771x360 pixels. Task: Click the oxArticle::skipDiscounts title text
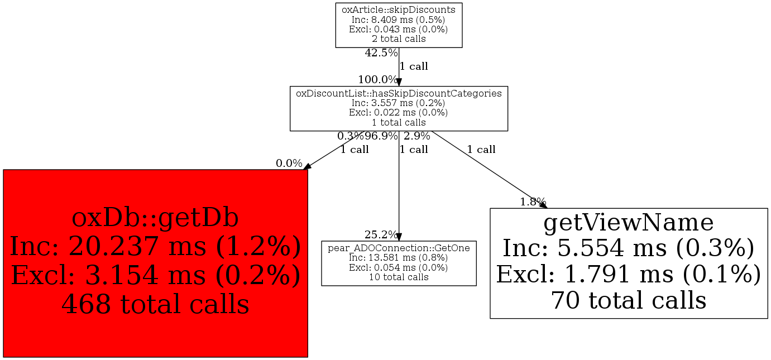tap(399, 9)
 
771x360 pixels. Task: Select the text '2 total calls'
tap(399, 39)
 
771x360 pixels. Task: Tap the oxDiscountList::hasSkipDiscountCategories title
tap(399, 93)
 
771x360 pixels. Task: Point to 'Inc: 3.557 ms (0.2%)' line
tap(398, 103)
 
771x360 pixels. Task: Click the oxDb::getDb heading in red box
tap(155, 218)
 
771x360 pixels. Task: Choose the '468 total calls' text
tap(155, 304)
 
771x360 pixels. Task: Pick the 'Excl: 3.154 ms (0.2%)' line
tap(156, 275)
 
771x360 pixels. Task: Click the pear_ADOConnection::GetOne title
tap(399, 248)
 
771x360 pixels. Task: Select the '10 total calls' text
tap(399, 277)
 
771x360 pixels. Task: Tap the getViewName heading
tap(629, 222)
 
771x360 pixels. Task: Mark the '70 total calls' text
tap(629, 300)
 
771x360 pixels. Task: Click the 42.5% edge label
tap(381, 52)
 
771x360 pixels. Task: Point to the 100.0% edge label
tap(377, 79)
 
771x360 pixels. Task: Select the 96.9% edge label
tap(381, 136)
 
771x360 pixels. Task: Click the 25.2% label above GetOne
tap(381, 234)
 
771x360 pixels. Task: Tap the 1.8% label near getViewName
tap(533, 201)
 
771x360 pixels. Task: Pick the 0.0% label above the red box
tap(289, 163)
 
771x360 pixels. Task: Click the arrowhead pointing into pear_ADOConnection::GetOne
tap(399, 237)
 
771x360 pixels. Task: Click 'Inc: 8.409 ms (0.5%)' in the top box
tap(398, 20)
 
